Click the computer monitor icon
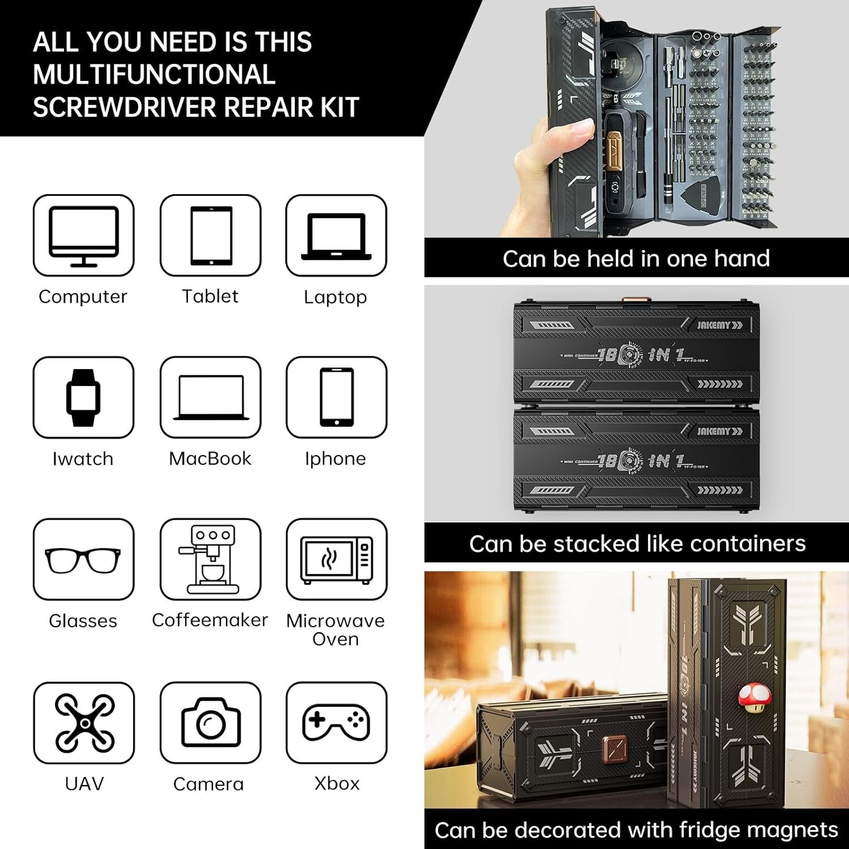(84, 235)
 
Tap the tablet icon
(211, 235)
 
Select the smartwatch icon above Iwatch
(83, 397)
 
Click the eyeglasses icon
(83, 560)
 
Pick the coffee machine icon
(210, 559)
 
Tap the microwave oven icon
(337, 560)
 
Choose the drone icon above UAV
(84, 723)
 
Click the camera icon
(211, 723)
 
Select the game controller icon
(337, 722)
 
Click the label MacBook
(210, 458)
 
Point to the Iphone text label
(336, 458)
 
